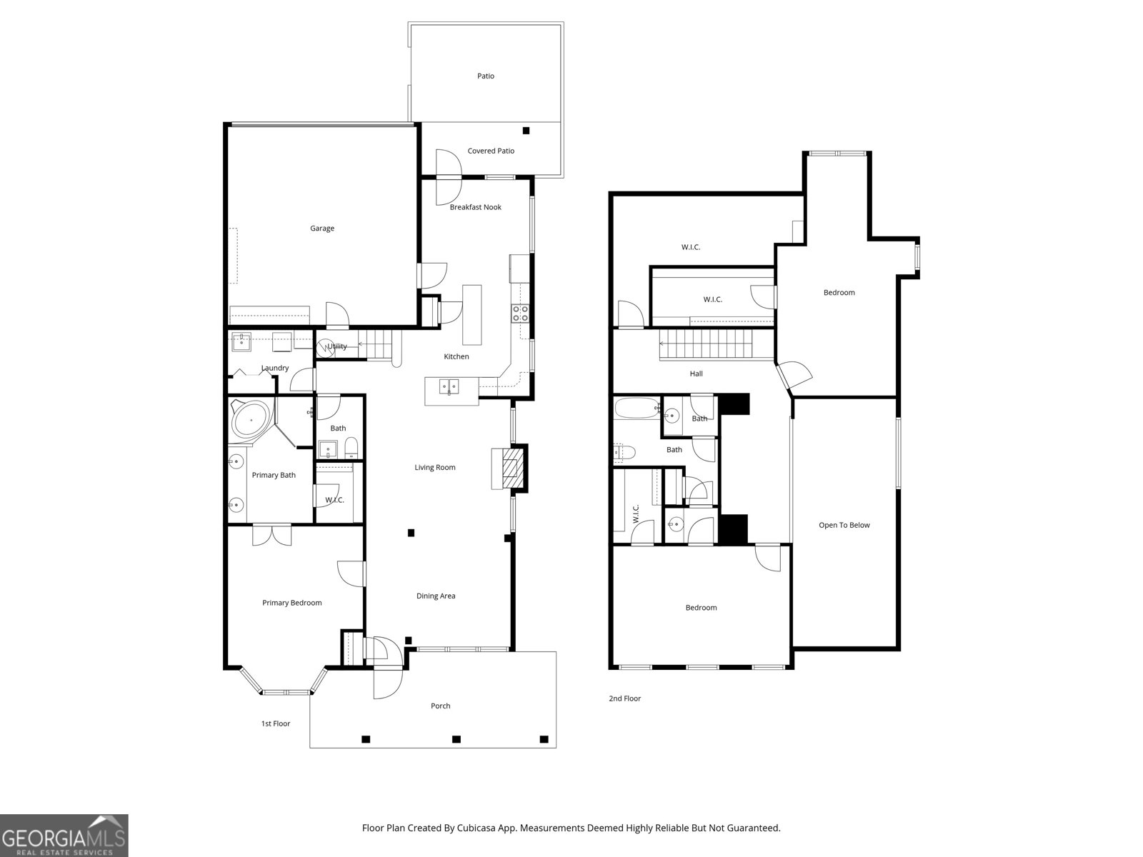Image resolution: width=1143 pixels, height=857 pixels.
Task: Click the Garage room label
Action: (x=321, y=229)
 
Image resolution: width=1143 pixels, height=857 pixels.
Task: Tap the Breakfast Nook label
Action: (x=475, y=207)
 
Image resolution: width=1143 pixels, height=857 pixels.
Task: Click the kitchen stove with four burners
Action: (x=519, y=313)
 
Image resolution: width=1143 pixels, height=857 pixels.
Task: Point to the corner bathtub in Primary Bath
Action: (x=251, y=421)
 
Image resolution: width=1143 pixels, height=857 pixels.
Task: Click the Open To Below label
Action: (x=844, y=525)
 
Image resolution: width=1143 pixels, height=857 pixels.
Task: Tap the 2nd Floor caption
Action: (x=624, y=698)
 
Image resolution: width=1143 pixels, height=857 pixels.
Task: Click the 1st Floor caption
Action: (x=275, y=723)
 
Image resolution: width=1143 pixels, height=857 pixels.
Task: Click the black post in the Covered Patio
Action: (x=526, y=130)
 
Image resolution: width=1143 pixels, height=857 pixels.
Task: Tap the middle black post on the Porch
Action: (x=456, y=738)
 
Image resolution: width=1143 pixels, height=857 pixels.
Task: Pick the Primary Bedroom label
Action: (x=291, y=603)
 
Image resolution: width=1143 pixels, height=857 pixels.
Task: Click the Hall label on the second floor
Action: (x=696, y=374)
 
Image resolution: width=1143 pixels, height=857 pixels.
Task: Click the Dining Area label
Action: (x=436, y=596)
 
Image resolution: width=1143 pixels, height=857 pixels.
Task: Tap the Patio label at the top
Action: (x=485, y=76)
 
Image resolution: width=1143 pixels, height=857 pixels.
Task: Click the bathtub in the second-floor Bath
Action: (x=637, y=409)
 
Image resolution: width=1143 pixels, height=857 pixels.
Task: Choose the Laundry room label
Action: (x=275, y=368)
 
